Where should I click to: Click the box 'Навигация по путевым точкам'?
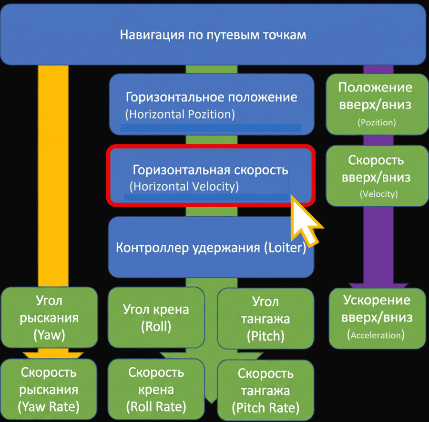(x=213, y=34)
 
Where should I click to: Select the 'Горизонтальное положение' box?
(x=212, y=104)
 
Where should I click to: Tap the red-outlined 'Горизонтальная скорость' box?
(x=211, y=175)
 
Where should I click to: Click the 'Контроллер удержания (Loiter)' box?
(x=211, y=247)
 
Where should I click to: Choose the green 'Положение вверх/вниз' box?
(x=377, y=104)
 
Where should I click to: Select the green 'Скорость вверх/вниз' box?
(x=377, y=175)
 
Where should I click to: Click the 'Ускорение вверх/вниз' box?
(x=377, y=318)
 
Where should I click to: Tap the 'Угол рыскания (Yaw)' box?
(x=49, y=317)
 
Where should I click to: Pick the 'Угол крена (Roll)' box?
(x=156, y=317)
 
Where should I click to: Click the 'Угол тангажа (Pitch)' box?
(x=266, y=319)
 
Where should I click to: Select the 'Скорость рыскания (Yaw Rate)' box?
(x=49, y=389)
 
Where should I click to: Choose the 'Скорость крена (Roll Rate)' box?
(x=156, y=389)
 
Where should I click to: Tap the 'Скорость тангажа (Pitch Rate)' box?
(x=266, y=390)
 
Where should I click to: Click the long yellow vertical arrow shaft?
(x=53, y=176)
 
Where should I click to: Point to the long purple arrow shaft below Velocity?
(x=378, y=245)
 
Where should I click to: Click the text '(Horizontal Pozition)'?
(x=180, y=114)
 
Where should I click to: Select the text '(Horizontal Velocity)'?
(x=184, y=187)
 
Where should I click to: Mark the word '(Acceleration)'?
(x=376, y=335)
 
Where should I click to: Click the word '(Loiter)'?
(x=285, y=248)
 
